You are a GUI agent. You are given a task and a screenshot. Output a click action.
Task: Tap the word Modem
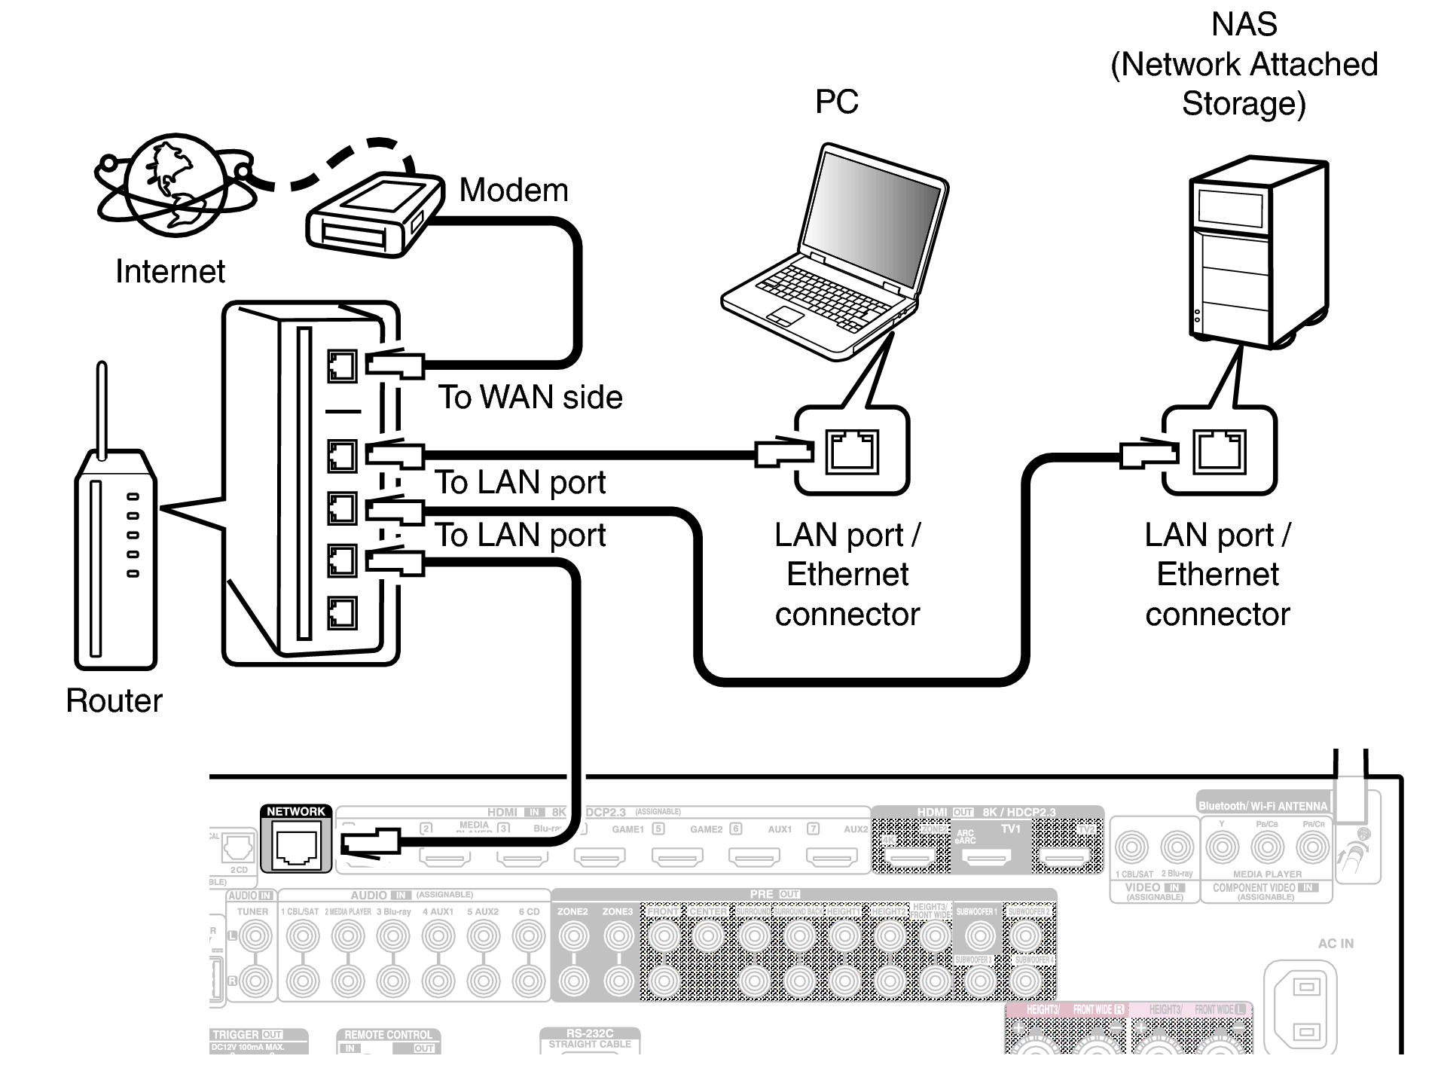(513, 191)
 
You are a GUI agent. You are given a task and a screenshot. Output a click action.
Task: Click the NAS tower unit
(1256, 252)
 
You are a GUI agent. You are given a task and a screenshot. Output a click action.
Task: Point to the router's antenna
(101, 407)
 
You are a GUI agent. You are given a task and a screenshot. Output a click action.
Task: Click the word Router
(114, 700)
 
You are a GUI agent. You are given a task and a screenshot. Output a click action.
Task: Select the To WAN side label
(530, 398)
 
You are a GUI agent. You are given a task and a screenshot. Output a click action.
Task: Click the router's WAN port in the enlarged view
(342, 367)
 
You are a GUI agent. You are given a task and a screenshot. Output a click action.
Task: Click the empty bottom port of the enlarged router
(342, 613)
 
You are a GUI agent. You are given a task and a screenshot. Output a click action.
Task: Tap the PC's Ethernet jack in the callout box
(852, 451)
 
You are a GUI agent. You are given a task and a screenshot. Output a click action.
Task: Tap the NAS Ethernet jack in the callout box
(1219, 451)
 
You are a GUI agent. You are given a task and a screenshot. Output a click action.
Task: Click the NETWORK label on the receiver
(295, 811)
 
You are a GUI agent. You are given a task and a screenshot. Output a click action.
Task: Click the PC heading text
(836, 102)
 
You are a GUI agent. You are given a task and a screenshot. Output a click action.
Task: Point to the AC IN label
(1335, 944)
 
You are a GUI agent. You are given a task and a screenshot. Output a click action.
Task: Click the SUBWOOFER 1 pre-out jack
(979, 936)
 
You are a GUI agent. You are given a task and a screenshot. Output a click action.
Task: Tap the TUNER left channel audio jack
(255, 936)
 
